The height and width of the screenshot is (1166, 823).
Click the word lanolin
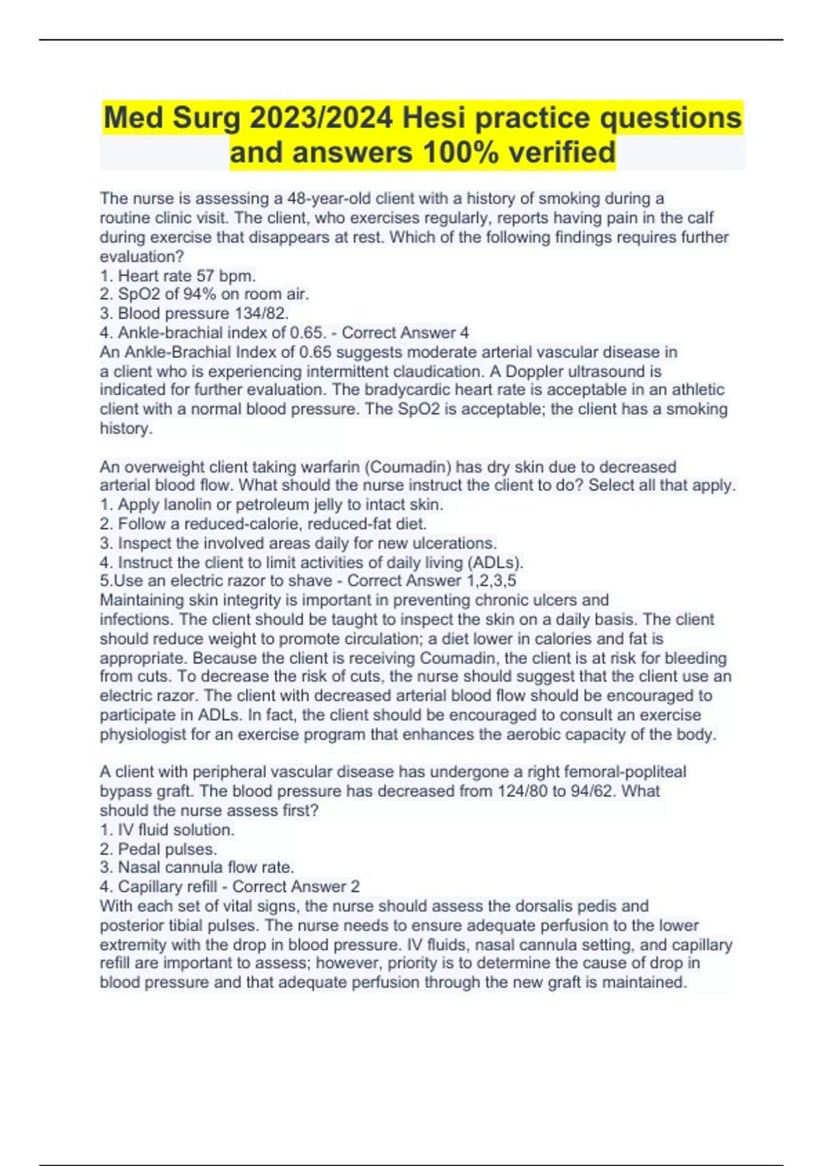coord(187,505)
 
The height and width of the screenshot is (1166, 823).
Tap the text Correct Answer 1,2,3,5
coord(432,581)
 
